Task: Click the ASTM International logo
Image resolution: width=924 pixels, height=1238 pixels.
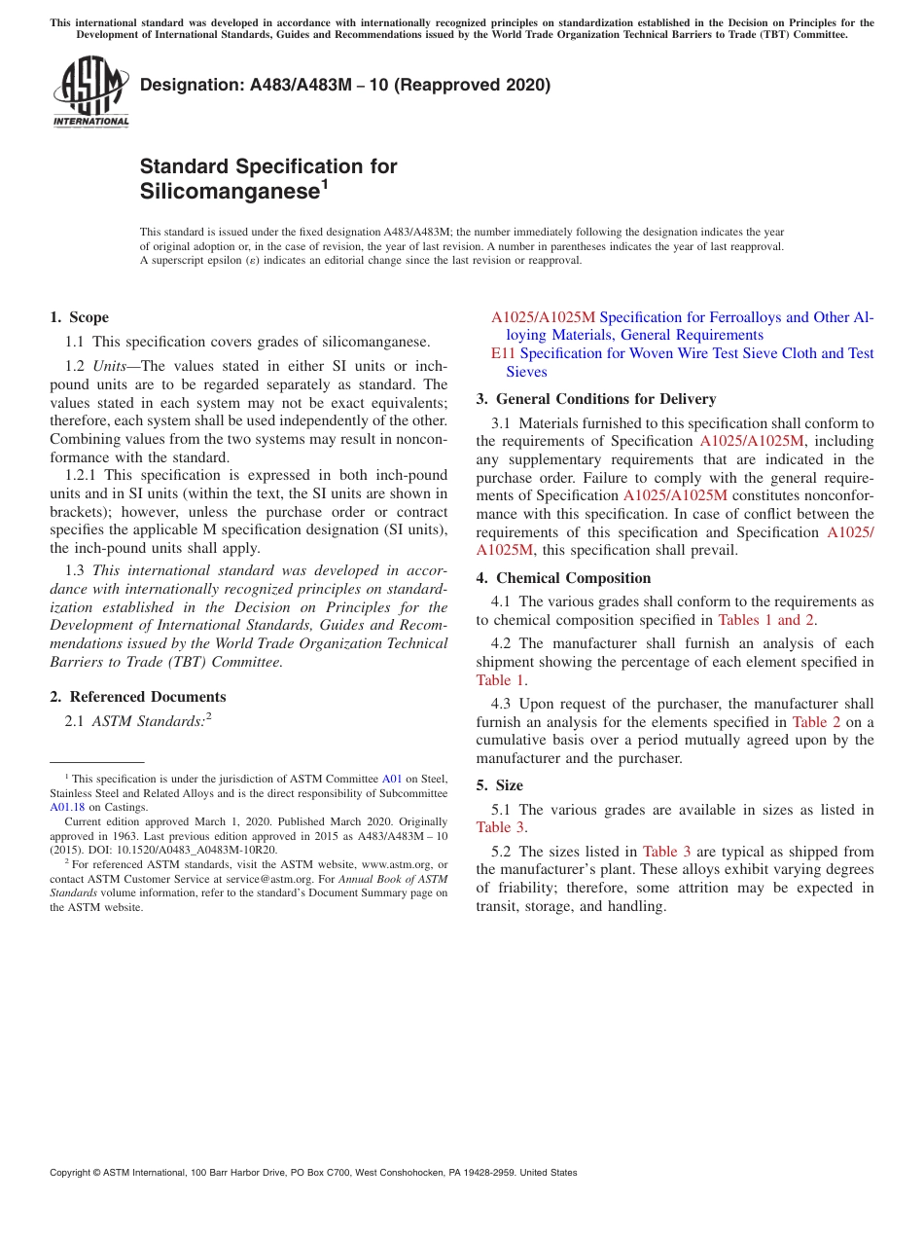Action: (x=90, y=91)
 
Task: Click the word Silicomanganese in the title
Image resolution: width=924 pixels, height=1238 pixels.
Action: (x=230, y=192)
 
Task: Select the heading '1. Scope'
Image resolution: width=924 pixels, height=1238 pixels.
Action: (x=79, y=317)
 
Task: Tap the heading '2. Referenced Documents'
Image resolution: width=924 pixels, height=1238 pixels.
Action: (x=137, y=697)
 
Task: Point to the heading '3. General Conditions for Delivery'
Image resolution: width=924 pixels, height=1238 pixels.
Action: (x=595, y=399)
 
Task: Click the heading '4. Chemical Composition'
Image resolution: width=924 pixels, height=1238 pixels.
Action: (x=563, y=578)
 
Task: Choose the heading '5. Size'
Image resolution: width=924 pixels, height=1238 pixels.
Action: (x=499, y=785)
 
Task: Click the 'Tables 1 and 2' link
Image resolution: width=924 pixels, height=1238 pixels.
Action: (x=765, y=620)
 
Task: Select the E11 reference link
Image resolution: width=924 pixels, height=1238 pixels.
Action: (x=503, y=353)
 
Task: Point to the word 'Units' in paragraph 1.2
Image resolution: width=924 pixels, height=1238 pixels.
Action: (x=116, y=366)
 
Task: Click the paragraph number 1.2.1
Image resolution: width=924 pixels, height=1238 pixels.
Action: (x=82, y=475)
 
